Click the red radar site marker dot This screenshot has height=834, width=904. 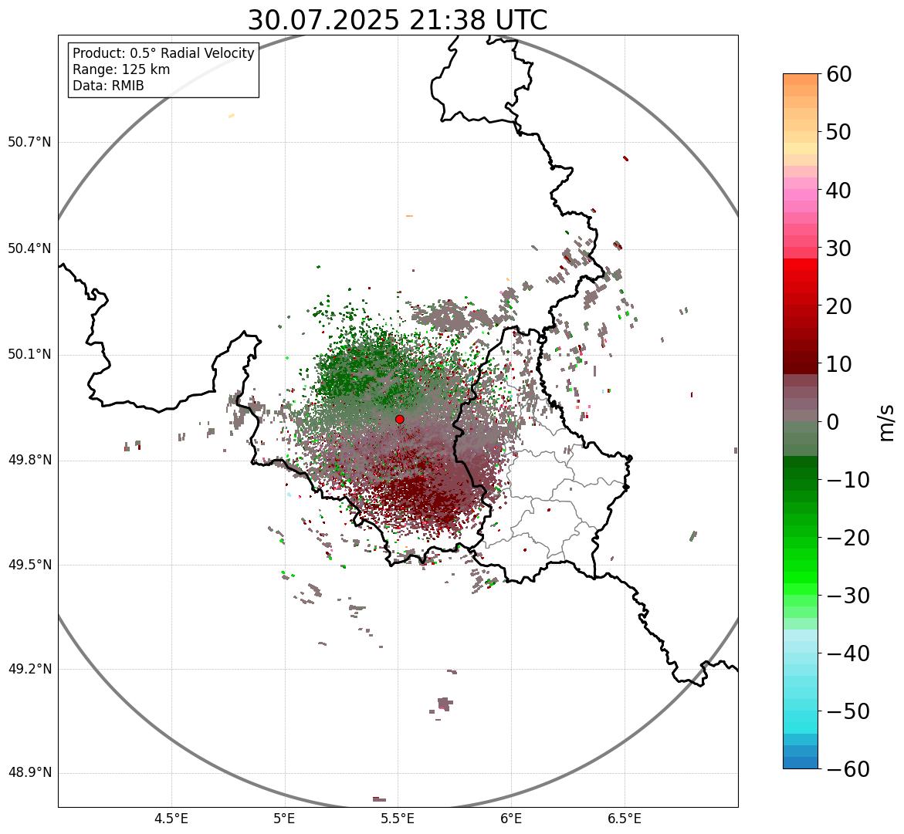click(x=400, y=419)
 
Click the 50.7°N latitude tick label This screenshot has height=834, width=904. click(x=29, y=142)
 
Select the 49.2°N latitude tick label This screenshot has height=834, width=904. click(x=29, y=669)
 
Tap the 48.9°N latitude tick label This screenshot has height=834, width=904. click(x=29, y=773)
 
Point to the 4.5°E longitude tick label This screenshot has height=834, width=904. click(x=171, y=819)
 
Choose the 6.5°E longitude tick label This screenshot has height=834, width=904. click(x=624, y=819)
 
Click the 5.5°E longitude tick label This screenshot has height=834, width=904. click(x=398, y=819)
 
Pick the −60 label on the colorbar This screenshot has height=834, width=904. click(x=848, y=769)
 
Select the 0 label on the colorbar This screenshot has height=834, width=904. click(x=833, y=422)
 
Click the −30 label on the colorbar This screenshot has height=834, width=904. click(x=848, y=596)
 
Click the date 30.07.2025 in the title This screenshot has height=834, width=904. click(x=323, y=21)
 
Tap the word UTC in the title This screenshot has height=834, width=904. click(x=520, y=21)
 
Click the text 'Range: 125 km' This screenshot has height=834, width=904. click(x=121, y=69)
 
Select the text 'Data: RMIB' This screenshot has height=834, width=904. click(x=108, y=86)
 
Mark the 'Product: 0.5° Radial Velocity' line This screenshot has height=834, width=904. click(x=163, y=53)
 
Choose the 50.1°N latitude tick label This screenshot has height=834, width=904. click(x=29, y=355)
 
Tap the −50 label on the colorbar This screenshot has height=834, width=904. click(x=848, y=711)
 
